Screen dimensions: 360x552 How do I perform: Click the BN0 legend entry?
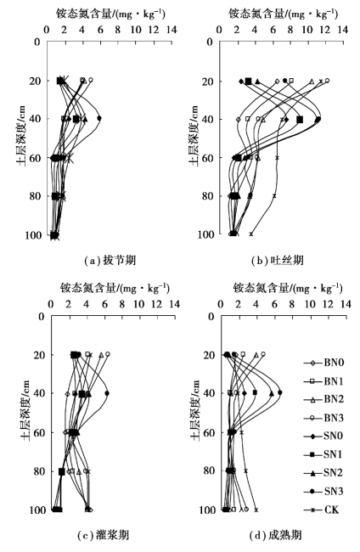pos(323,363)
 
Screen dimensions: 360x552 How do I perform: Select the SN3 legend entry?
pos(323,492)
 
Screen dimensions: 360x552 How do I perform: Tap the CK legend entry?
pos(322,510)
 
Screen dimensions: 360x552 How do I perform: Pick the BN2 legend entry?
pos(323,400)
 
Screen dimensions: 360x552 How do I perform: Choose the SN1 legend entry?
pos(323,455)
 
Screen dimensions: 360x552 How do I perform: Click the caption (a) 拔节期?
pos(110,261)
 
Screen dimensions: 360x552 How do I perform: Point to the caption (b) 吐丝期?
pos(278,261)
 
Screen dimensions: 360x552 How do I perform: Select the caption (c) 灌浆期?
pos(103,536)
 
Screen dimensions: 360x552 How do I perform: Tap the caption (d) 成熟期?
pos(276,536)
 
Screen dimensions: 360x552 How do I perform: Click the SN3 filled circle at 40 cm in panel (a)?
pos(99,118)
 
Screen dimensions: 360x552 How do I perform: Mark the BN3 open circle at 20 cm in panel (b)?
pos(327,81)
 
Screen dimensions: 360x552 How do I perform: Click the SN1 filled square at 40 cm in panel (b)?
pos(300,120)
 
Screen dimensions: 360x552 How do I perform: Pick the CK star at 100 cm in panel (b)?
pos(251,234)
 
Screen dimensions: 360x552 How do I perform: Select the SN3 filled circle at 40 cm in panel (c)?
pos(107,393)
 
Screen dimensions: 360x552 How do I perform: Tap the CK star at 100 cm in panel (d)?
pos(256,510)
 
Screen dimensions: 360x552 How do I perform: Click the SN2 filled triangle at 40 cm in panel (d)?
pos(272,393)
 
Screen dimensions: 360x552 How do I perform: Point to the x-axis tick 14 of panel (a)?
pos(172,30)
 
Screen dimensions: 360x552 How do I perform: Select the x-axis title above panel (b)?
pos(284,14)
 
